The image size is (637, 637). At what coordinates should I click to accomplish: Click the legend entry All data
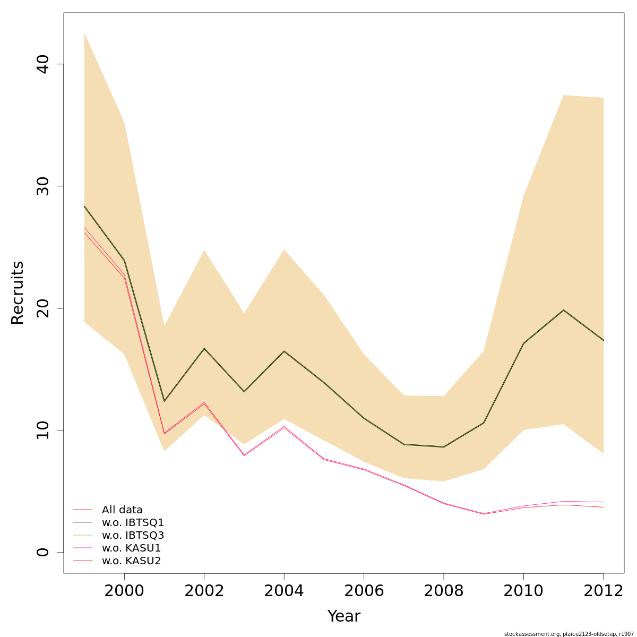(x=122, y=510)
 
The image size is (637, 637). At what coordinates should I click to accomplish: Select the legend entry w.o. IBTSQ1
(x=133, y=523)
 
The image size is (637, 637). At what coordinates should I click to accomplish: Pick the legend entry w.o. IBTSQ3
(x=133, y=536)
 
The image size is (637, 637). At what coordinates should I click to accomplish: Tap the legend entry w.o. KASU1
(x=131, y=548)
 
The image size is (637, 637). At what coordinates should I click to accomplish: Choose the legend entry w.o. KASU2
(x=131, y=561)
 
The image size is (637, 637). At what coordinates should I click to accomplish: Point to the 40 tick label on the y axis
(x=42, y=64)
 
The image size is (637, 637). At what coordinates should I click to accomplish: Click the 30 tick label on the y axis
(x=42, y=186)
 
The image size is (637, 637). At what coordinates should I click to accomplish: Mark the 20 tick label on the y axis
(x=42, y=308)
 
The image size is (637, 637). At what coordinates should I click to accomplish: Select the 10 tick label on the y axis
(x=42, y=430)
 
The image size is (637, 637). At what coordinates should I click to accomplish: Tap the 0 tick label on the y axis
(x=42, y=552)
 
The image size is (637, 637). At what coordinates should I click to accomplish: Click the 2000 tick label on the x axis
(x=124, y=591)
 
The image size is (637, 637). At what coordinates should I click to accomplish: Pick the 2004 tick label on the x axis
(x=284, y=591)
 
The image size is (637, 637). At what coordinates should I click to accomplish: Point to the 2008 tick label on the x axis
(x=444, y=591)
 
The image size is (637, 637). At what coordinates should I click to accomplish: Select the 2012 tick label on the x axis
(x=603, y=591)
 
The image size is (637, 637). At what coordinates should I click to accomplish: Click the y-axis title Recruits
(x=18, y=292)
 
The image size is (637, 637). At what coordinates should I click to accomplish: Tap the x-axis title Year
(x=343, y=616)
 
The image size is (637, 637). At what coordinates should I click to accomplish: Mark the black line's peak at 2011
(x=563, y=310)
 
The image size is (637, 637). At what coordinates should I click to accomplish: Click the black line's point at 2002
(x=204, y=348)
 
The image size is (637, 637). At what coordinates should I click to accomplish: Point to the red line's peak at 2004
(x=284, y=427)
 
